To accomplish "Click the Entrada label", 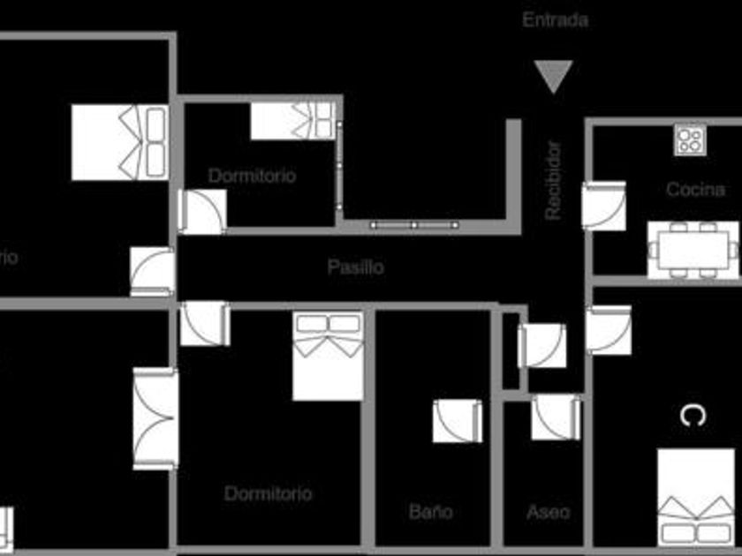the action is [555, 20].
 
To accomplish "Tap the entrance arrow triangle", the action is [555, 76].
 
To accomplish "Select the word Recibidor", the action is [553, 181].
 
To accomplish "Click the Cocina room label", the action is [695, 190].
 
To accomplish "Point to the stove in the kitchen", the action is [690, 139].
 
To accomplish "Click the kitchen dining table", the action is [693, 248].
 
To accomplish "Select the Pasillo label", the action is [355, 267].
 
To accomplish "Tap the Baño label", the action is [431, 511].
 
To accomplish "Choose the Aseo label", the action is [548, 511].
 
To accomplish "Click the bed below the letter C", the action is [696, 496].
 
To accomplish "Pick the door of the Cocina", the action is [604, 206].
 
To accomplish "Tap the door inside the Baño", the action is [458, 421].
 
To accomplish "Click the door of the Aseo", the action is [556, 417].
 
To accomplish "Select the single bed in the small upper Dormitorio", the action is [292, 121].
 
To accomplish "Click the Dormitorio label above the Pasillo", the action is [252, 176].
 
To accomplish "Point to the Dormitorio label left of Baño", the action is [268, 493].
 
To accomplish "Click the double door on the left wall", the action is [155, 418].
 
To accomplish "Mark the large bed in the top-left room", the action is [120, 142].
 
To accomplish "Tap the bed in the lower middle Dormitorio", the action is [329, 355].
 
